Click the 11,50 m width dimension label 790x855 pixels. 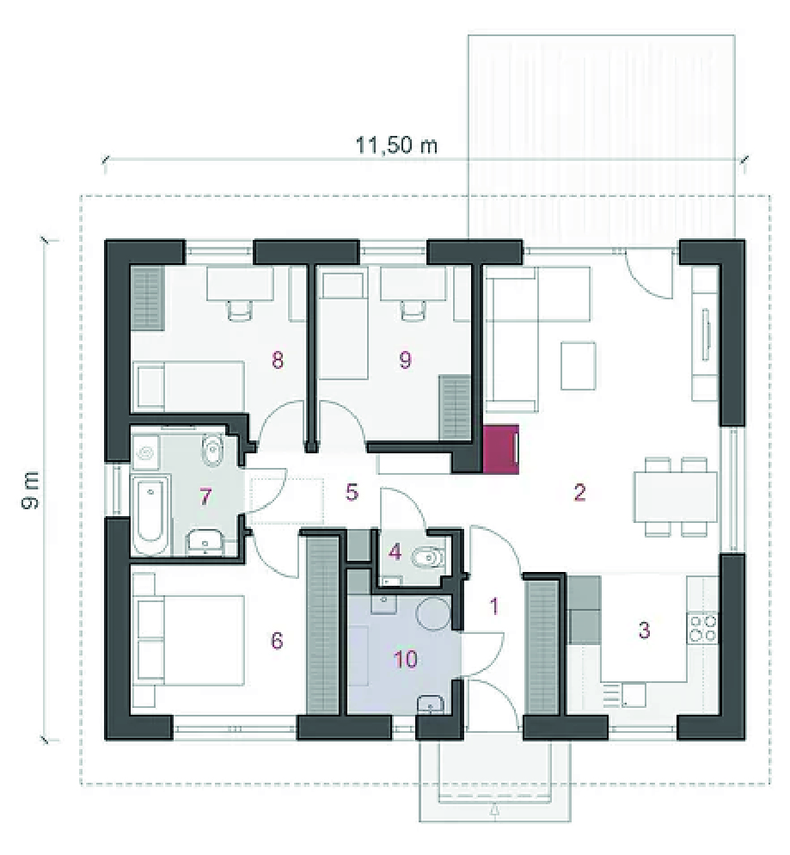[x=396, y=145]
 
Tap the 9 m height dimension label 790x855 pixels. [x=31, y=491]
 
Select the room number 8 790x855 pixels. [x=278, y=360]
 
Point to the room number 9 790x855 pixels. [x=405, y=360]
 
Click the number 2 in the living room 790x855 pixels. [x=579, y=492]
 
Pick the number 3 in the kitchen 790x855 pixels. [x=644, y=630]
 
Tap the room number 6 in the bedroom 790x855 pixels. [x=277, y=640]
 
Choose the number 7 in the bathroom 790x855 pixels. [x=205, y=497]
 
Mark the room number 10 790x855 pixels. [x=406, y=659]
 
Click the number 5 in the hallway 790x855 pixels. [x=352, y=492]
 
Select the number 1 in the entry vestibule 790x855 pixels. [x=494, y=606]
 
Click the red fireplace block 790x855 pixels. [x=500, y=448]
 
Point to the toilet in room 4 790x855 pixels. [x=429, y=558]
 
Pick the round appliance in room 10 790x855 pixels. [x=433, y=613]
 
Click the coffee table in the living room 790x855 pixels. [x=578, y=366]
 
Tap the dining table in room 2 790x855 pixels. [x=676, y=496]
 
